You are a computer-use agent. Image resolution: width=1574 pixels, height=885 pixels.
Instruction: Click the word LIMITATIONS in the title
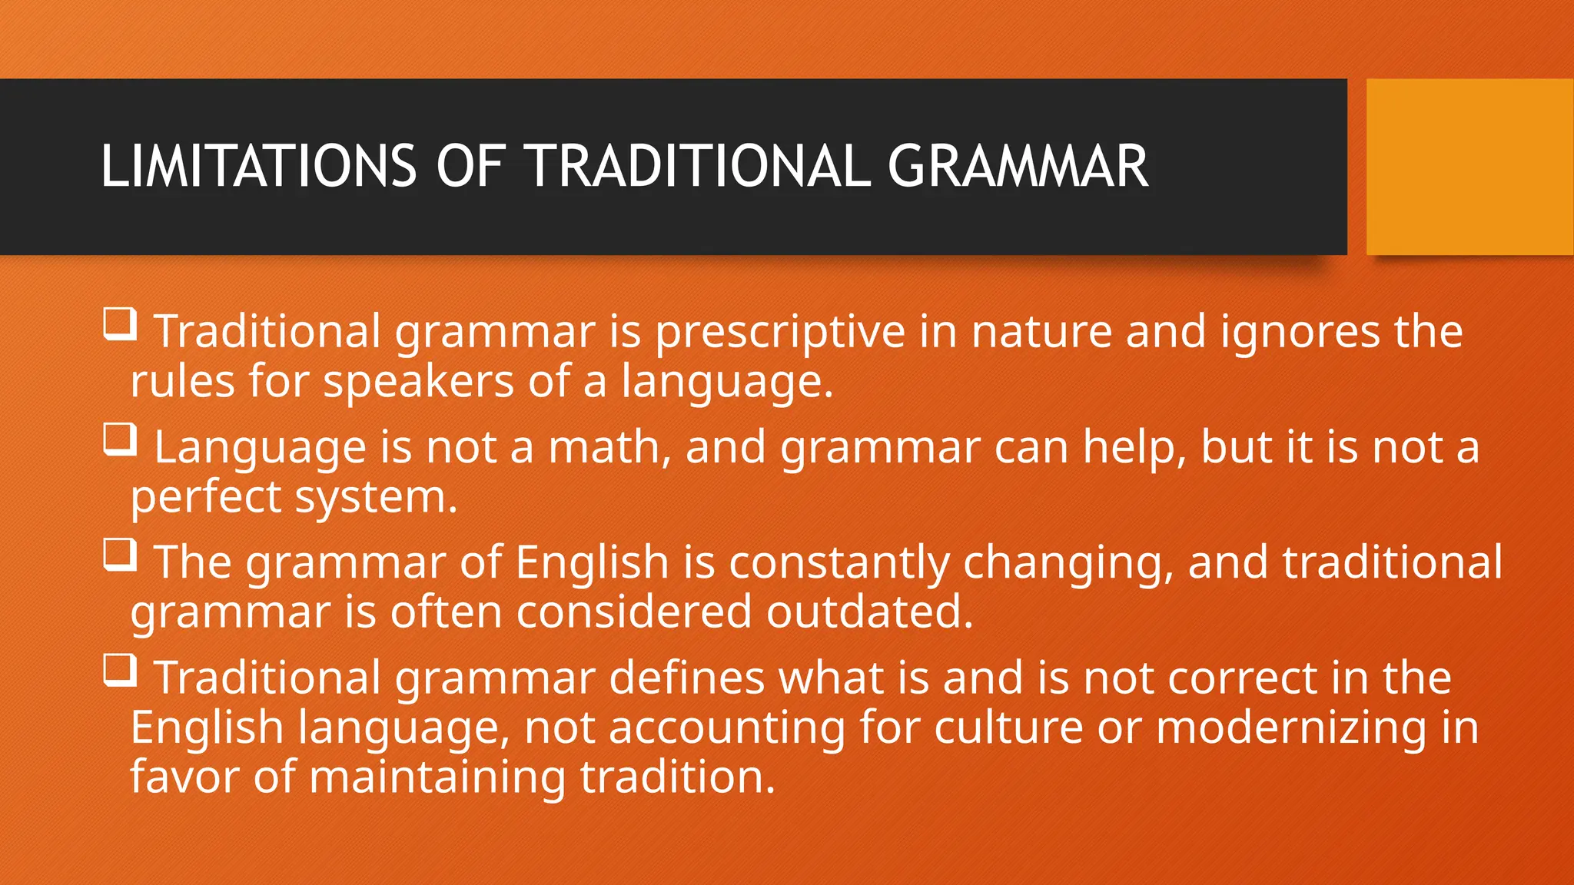tap(258, 166)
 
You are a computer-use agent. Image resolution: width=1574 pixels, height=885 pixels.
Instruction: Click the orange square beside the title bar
tap(1469, 167)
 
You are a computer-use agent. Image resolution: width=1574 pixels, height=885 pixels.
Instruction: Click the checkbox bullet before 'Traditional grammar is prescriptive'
tap(121, 324)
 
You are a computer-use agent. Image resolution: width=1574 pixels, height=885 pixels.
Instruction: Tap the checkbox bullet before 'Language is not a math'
tap(121, 439)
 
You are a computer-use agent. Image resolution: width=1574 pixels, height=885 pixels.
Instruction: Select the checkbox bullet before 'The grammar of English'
tap(121, 555)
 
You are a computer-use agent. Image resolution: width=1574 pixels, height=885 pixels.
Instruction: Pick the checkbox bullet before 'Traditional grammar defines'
tap(121, 670)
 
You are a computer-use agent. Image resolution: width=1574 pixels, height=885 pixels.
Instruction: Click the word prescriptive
tap(780, 333)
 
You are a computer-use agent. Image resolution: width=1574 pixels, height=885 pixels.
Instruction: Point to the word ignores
tap(1300, 333)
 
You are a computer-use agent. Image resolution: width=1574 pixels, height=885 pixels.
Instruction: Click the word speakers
tap(418, 382)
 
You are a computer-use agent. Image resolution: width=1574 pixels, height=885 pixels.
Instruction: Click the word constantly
tap(838, 563)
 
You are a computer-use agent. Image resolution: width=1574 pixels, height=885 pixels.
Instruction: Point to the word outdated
tap(869, 613)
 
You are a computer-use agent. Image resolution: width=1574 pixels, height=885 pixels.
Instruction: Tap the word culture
tap(1008, 728)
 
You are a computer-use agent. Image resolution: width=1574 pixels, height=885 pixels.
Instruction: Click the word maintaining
tap(437, 777)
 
